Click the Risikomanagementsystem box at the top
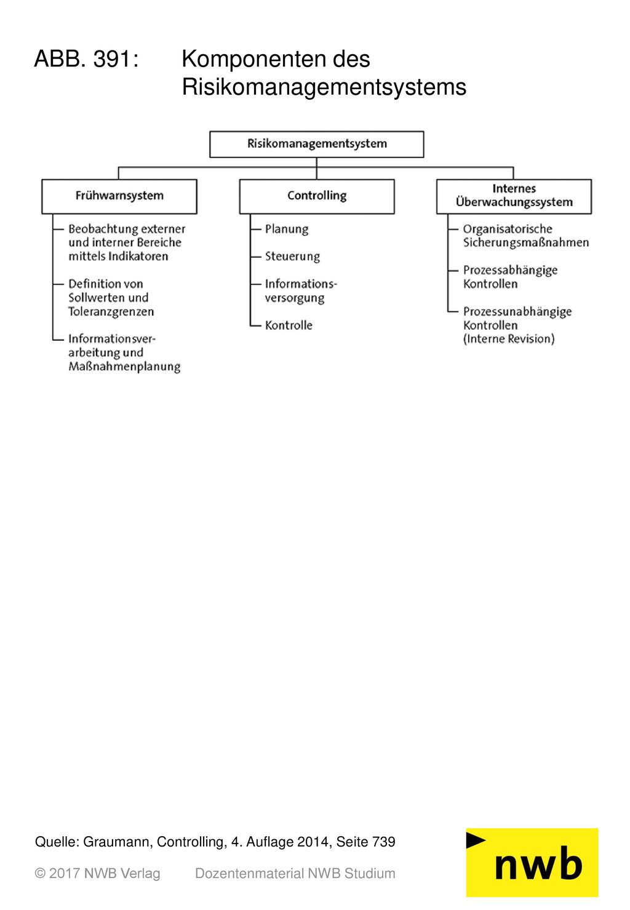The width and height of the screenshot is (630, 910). click(x=316, y=144)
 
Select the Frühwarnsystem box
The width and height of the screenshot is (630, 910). click(x=119, y=197)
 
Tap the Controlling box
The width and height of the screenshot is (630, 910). click(x=317, y=197)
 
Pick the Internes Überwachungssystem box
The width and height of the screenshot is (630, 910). click(x=514, y=197)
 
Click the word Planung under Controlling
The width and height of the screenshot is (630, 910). click(x=287, y=229)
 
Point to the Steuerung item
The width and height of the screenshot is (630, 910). click(x=292, y=257)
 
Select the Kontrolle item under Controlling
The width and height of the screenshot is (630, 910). click(x=289, y=325)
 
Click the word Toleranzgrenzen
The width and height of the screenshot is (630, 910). click(x=111, y=312)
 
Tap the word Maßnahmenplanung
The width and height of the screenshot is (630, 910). click(x=124, y=367)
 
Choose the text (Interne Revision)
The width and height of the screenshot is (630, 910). click(x=509, y=339)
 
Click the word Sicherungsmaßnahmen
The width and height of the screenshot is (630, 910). click(x=526, y=243)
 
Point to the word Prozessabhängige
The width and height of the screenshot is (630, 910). click(x=511, y=271)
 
